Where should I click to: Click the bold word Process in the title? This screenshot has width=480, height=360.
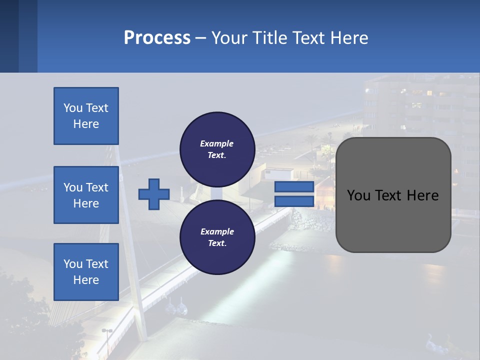pyautogui.click(x=157, y=38)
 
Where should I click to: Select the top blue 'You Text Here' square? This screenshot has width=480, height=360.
pyautogui.click(x=86, y=116)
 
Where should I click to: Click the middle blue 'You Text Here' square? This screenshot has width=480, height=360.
pyautogui.click(x=86, y=195)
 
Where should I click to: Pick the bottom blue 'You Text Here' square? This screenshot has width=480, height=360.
pyautogui.click(x=86, y=271)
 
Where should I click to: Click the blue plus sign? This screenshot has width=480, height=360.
pyautogui.click(x=154, y=194)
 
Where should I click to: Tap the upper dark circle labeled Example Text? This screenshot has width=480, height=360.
pyautogui.click(x=217, y=149)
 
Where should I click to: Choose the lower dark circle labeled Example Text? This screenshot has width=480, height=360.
pyautogui.click(x=217, y=237)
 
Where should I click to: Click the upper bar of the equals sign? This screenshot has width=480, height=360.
pyautogui.click(x=294, y=187)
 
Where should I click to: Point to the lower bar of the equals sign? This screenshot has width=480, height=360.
pyautogui.click(x=294, y=201)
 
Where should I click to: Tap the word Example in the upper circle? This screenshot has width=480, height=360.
pyautogui.click(x=217, y=143)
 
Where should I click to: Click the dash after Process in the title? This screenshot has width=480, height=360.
pyautogui.click(x=200, y=38)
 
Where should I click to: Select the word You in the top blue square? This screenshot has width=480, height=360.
pyautogui.click(x=72, y=108)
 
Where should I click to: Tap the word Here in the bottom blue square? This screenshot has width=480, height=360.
pyautogui.click(x=86, y=280)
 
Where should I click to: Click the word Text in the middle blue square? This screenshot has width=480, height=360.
pyautogui.click(x=96, y=187)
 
